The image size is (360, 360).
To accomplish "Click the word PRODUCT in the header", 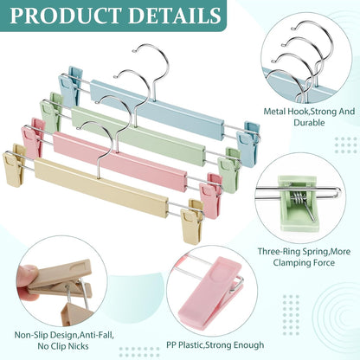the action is (x=66, y=15).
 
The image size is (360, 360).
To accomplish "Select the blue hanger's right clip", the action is (x=248, y=144).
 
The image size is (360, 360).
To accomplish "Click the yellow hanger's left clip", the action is (x=14, y=164).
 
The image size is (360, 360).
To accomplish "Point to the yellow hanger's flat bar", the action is (x=101, y=188).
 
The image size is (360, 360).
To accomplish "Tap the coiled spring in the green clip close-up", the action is (x=299, y=199).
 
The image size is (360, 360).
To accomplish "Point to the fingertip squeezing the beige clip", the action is (x=28, y=277).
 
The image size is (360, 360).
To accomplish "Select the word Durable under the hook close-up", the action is (x=309, y=122).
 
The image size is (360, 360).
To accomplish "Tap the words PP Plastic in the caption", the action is (x=185, y=344).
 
